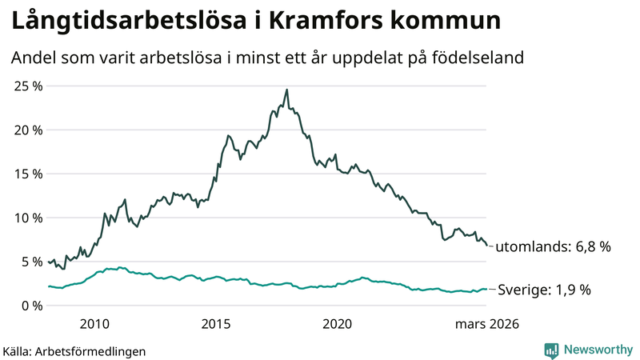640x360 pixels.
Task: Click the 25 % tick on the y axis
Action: [x=26, y=86]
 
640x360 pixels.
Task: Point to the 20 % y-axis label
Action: [x=26, y=130]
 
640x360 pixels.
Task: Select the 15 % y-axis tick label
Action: [x=26, y=174]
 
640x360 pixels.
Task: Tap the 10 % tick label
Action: [x=26, y=218]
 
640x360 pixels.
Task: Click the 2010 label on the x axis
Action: [x=94, y=324]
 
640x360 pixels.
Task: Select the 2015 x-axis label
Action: [x=216, y=324]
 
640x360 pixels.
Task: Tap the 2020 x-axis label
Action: [x=338, y=324]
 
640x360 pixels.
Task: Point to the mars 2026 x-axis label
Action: [x=487, y=324]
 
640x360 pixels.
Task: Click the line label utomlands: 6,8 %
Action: [x=553, y=247]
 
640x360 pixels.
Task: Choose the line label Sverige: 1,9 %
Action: [x=544, y=290]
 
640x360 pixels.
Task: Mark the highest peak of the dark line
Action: [x=286, y=90]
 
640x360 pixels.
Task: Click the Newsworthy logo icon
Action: [x=551, y=350]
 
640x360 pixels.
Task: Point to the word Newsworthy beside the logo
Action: [x=596, y=350]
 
